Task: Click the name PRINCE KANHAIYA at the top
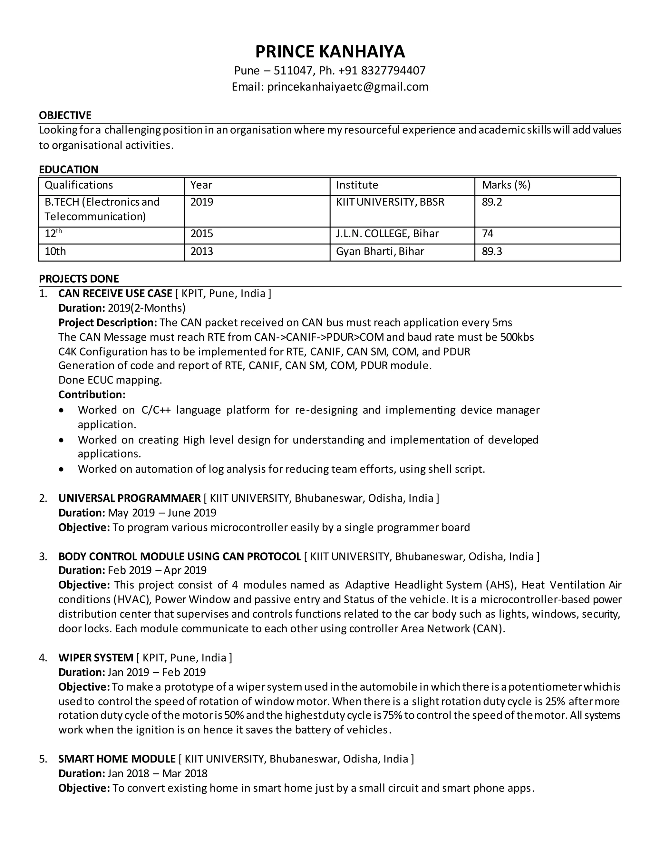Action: point(330,52)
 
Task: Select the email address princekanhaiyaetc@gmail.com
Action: point(348,86)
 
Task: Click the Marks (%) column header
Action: point(506,185)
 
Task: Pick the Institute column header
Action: point(357,185)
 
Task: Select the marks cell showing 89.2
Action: point(492,202)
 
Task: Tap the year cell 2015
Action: point(201,234)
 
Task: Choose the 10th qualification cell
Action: point(55,251)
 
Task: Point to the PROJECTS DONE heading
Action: point(79,279)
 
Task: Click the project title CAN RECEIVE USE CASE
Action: point(115,293)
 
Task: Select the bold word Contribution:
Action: point(92,394)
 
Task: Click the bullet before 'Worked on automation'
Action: point(61,469)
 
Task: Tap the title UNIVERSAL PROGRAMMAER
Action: point(130,498)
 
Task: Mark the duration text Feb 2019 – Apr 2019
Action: point(157,570)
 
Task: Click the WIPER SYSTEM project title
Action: point(96,658)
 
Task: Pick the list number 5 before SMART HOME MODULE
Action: point(43,759)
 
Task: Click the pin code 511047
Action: point(292,70)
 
